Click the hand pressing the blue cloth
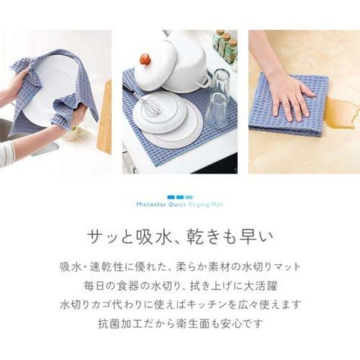pos(287,92)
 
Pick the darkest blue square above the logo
pos(170,197)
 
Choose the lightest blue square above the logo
pos(190,197)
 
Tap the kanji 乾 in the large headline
pos(195,236)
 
